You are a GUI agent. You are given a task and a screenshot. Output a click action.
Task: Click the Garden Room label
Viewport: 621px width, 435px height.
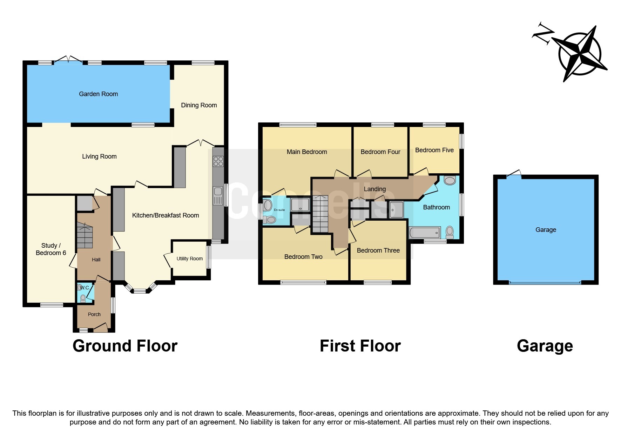(x=98, y=94)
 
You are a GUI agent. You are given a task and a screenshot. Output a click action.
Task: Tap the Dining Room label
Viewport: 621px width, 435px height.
(x=199, y=105)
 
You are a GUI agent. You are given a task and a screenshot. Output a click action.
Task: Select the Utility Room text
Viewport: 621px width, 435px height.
(x=189, y=259)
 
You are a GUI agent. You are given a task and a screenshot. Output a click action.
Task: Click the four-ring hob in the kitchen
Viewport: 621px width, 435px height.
(x=218, y=161)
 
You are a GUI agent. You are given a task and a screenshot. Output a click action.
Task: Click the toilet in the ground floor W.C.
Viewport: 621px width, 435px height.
(x=83, y=299)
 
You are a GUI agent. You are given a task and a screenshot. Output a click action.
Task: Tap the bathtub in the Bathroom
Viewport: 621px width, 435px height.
(x=425, y=233)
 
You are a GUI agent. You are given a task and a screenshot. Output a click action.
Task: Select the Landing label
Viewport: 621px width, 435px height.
(x=374, y=189)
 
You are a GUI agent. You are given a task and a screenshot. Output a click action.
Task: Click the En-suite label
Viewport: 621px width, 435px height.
(x=279, y=210)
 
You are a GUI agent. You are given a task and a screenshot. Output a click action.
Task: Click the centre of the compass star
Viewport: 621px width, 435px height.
(x=579, y=54)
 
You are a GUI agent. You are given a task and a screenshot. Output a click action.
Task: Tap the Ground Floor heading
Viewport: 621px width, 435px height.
(x=125, y=346)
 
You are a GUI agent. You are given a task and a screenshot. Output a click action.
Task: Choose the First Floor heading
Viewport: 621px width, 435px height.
(x=360, y=346)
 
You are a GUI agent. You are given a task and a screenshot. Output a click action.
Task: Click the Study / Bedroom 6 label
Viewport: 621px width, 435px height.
(x=51, y=249)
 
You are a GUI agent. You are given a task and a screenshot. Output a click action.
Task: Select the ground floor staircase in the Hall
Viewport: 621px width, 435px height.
(x=85, y=235)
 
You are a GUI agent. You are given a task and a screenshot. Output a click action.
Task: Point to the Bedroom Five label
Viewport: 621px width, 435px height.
(x=434, y=150)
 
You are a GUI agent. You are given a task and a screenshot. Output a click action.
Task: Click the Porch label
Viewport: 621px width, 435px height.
(x=94, y=314)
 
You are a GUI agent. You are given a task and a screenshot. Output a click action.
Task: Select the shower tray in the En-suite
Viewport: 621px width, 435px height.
(x=300, y=205)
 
